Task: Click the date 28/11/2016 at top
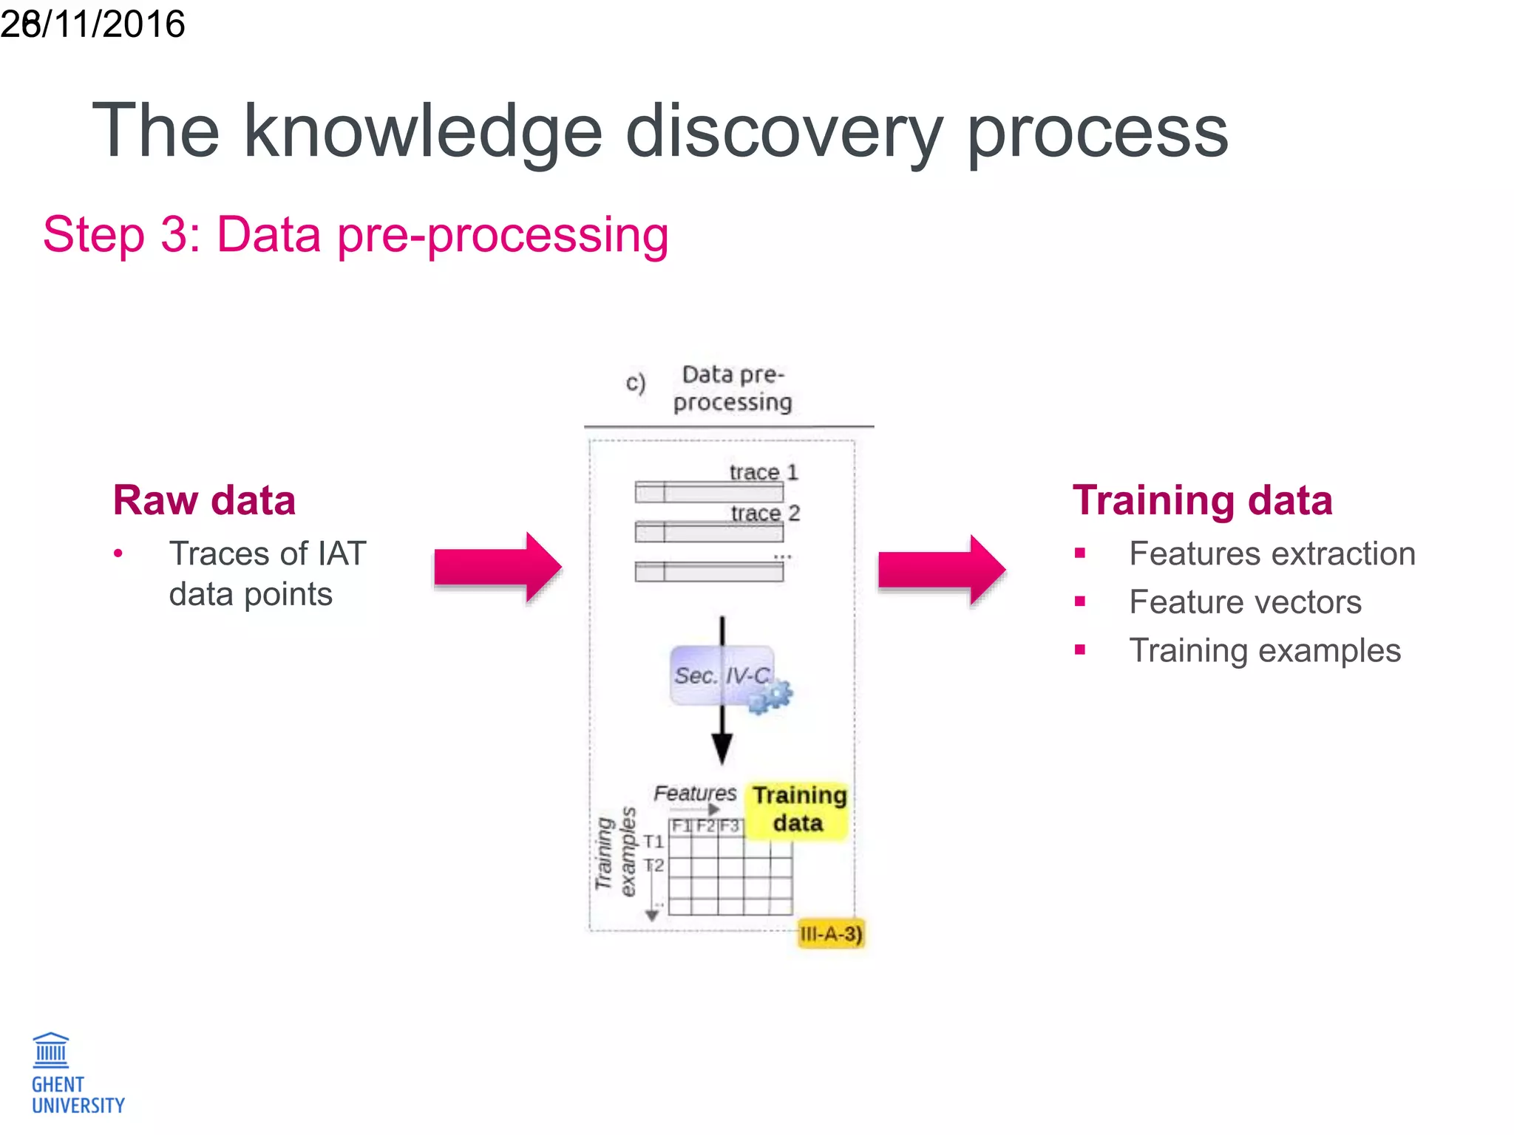tap(92, 24)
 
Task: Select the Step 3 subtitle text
tap(356, 235)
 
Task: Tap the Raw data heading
tap(204, 500)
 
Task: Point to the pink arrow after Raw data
tap(498, 567)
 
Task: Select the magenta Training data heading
tap(1202, 500)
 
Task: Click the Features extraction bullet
tap(1272, 553)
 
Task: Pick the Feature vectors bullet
tap(1245, 601)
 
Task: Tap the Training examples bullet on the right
tap(1264, 650)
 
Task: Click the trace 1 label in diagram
tap(763, 472)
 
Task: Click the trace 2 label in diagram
tap(765, 513)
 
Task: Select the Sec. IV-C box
tap(721, 675)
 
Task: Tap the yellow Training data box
tap(798, 810)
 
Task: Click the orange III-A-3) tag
tap(831, 934)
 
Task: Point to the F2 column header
tap(706, 826)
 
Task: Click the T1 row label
tap(654, 842)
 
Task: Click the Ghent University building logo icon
tap(51, 1050)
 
